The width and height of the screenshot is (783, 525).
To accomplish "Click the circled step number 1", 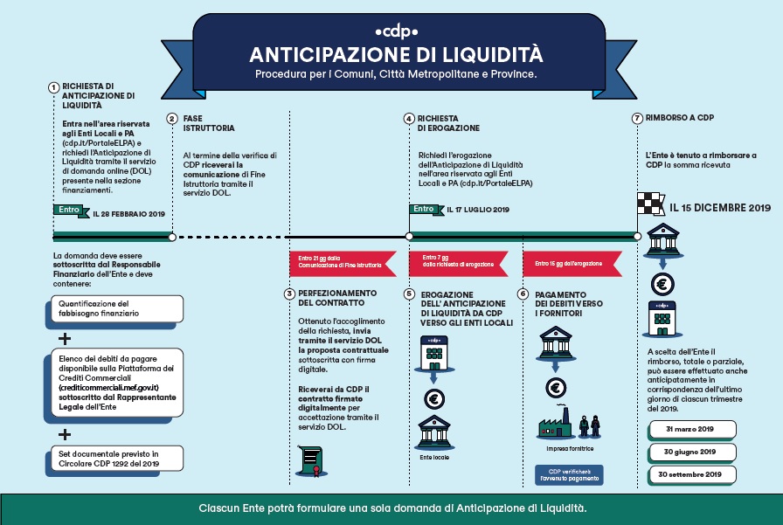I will (x=54, y=86).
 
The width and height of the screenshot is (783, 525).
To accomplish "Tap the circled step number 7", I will (x=637, y=118).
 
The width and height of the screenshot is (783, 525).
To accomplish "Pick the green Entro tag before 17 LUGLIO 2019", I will (x=426, y=210).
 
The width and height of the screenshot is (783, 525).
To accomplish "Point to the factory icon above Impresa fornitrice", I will (x=556, y=425).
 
